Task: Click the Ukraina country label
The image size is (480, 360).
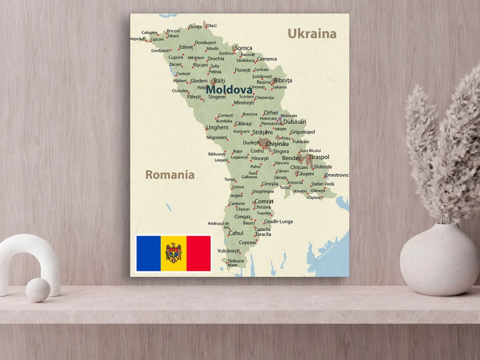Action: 312,34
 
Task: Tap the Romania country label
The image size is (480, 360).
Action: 170,174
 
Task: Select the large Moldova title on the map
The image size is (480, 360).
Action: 229,90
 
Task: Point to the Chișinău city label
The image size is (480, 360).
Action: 277,144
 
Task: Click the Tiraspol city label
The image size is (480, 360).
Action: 319,157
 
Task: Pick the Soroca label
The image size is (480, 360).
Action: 243,48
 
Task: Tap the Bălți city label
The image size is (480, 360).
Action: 220,81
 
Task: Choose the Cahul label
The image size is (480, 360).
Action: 236,233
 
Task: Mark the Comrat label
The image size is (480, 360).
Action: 264,202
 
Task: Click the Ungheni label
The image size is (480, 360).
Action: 217,127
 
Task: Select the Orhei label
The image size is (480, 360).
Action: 271,113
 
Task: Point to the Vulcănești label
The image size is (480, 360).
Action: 228,251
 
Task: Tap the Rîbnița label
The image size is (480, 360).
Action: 283,81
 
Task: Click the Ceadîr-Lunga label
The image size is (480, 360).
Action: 278,221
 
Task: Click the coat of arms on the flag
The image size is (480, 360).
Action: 173,253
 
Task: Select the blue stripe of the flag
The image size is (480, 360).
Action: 149,253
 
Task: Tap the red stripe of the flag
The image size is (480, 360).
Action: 198,253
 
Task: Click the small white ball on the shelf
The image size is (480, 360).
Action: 38,290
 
